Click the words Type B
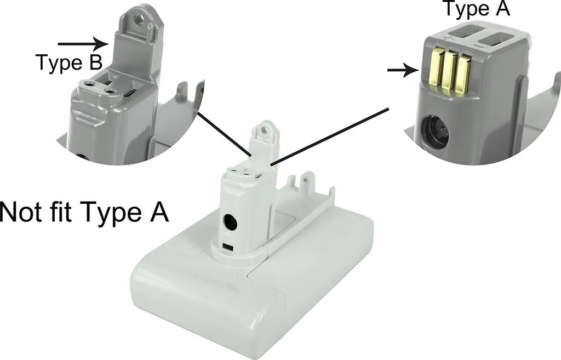pos(69,62)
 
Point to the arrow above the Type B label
pos(83,44)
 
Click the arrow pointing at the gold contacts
pos(403,70)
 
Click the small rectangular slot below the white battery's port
pos(227,248)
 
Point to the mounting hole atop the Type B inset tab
pos(138,18)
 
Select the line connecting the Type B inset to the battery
pos(225,134)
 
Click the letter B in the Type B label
pos(95,62)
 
